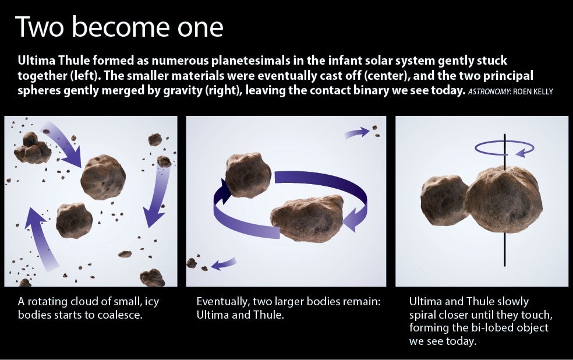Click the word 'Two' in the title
coord(40,27)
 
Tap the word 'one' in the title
coord(200,29)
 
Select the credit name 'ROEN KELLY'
coord(533,91)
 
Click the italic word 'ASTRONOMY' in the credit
coord(489,91)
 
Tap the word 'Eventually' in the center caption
coord(223,302)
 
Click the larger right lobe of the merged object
coord(504,199)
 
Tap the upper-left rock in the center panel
coord(248,175)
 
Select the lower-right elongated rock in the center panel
coord(307,218)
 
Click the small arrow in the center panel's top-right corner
coord(357,133)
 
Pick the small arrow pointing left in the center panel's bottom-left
coord(224,263)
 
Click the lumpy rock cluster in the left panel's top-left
coord(32,148)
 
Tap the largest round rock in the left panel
coord(103,177)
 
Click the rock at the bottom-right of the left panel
coord(153,278)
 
